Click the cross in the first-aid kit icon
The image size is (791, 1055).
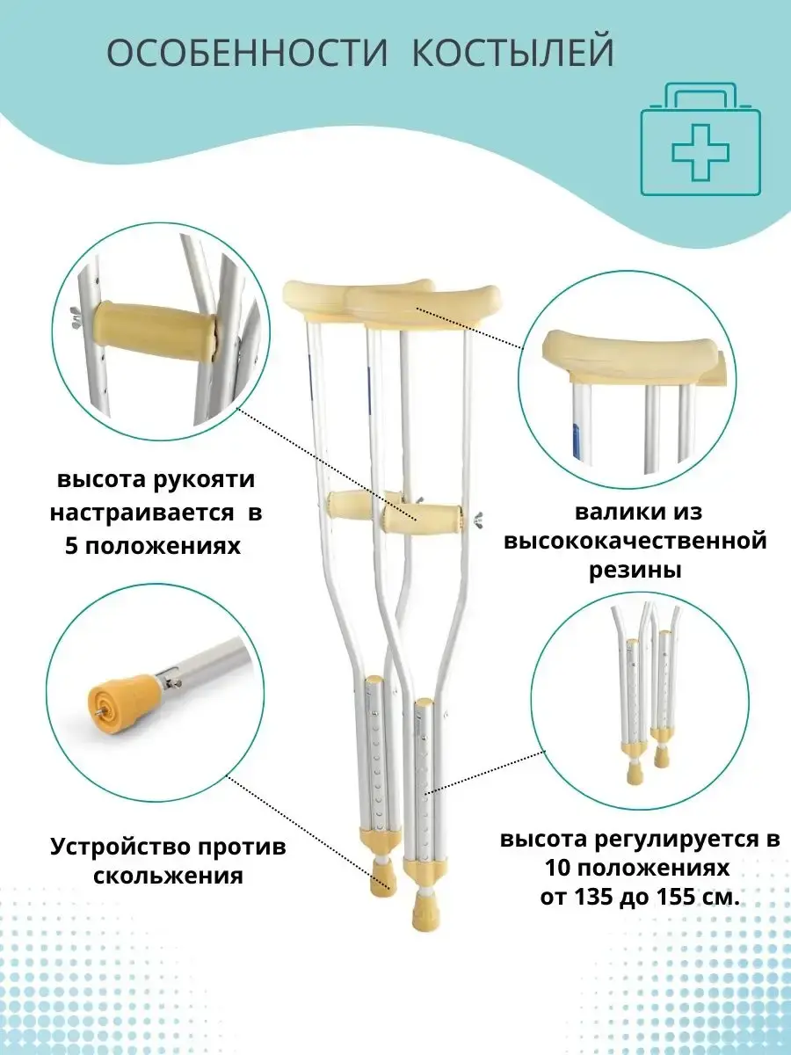pos(700,152)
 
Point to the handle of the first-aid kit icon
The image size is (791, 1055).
pos(700,96)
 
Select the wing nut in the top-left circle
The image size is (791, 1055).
pos(75,317)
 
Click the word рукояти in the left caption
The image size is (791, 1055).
pos(205,480)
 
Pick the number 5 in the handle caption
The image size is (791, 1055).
pos(71,547)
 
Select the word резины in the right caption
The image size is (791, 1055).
pos(635,571)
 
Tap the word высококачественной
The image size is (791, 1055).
pos(635,542)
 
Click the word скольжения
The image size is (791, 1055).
pos(168,877)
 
